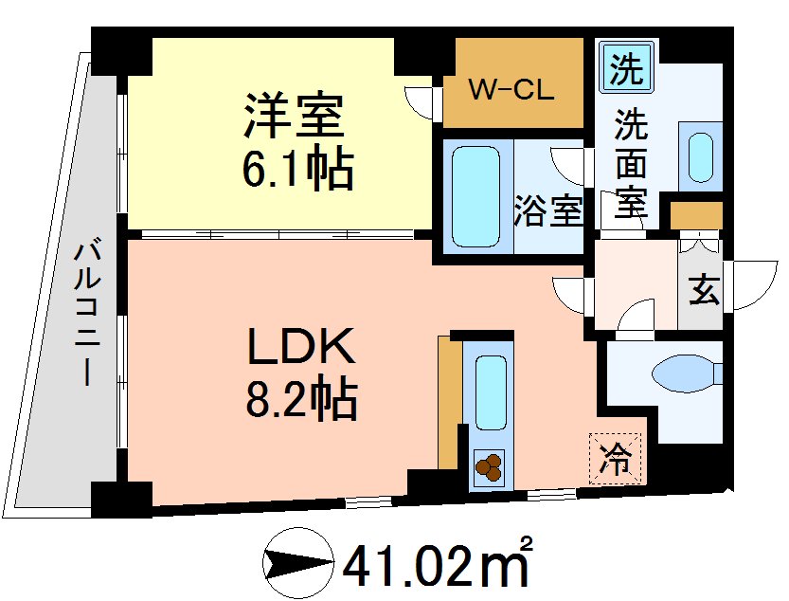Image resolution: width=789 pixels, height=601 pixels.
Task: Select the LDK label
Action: coord(300,349)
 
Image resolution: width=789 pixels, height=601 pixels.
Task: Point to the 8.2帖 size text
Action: coord(300,403)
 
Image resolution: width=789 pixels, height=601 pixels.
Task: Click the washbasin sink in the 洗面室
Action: coord(700,157)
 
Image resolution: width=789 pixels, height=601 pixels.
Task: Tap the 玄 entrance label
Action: coord(703,290)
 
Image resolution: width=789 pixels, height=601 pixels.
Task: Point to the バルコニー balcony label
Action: coord(90,313)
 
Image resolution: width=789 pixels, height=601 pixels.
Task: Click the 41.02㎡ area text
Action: coord(437,566)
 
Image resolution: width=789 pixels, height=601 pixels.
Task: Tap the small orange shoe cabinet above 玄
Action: coord(696,215)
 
